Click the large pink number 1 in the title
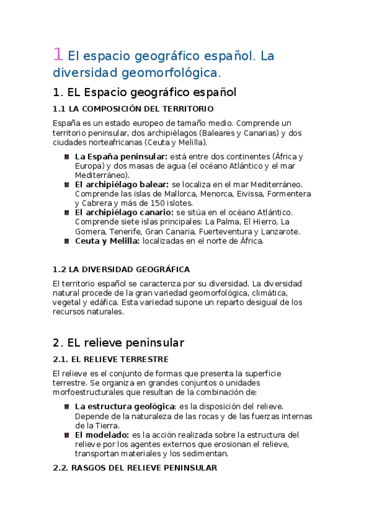pos(57,55)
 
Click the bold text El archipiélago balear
pos(122,184)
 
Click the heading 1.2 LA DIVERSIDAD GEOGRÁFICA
pos(121,269)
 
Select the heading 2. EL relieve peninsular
pos(118,342)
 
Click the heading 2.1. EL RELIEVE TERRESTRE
pos(110,359)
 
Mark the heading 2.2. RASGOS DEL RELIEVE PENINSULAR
pos(134,468)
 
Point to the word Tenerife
pos(127,231)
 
